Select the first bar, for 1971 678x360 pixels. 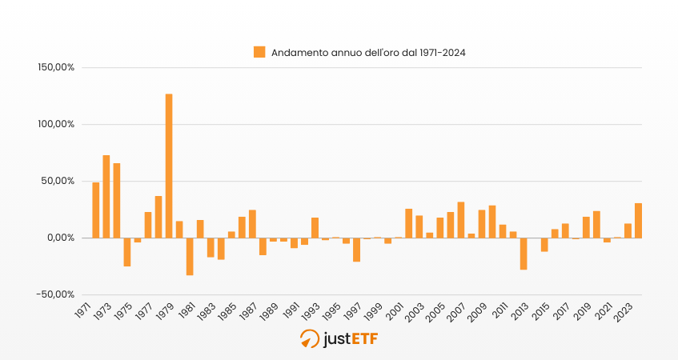click(x=96, y=210)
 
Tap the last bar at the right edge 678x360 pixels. click(x=638, y=221)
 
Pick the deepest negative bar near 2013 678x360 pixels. click(x=524, y=254)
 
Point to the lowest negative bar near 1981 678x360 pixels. click(x=190, y=256)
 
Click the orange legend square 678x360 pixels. click(x=259, y=52)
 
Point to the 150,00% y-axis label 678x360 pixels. click(x=56, y=68)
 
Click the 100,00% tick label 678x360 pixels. click(x=56, y=125)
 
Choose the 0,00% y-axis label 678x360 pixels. click(x=60, y=238)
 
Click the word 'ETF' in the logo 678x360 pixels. click(x=363, y=339)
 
